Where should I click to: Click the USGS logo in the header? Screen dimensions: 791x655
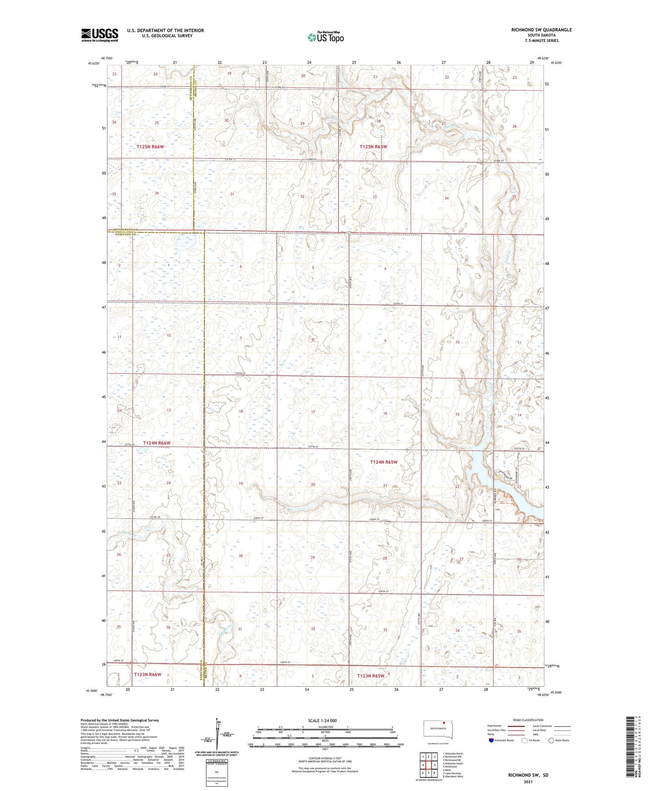(100, 35)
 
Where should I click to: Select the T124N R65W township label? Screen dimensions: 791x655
(383, 462)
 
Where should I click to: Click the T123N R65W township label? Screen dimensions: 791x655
(371, 676)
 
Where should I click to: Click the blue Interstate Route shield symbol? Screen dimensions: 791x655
(491, 740)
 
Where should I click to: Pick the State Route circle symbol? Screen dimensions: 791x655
(551, 740)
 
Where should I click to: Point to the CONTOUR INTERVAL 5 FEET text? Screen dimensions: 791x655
(325, 759)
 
